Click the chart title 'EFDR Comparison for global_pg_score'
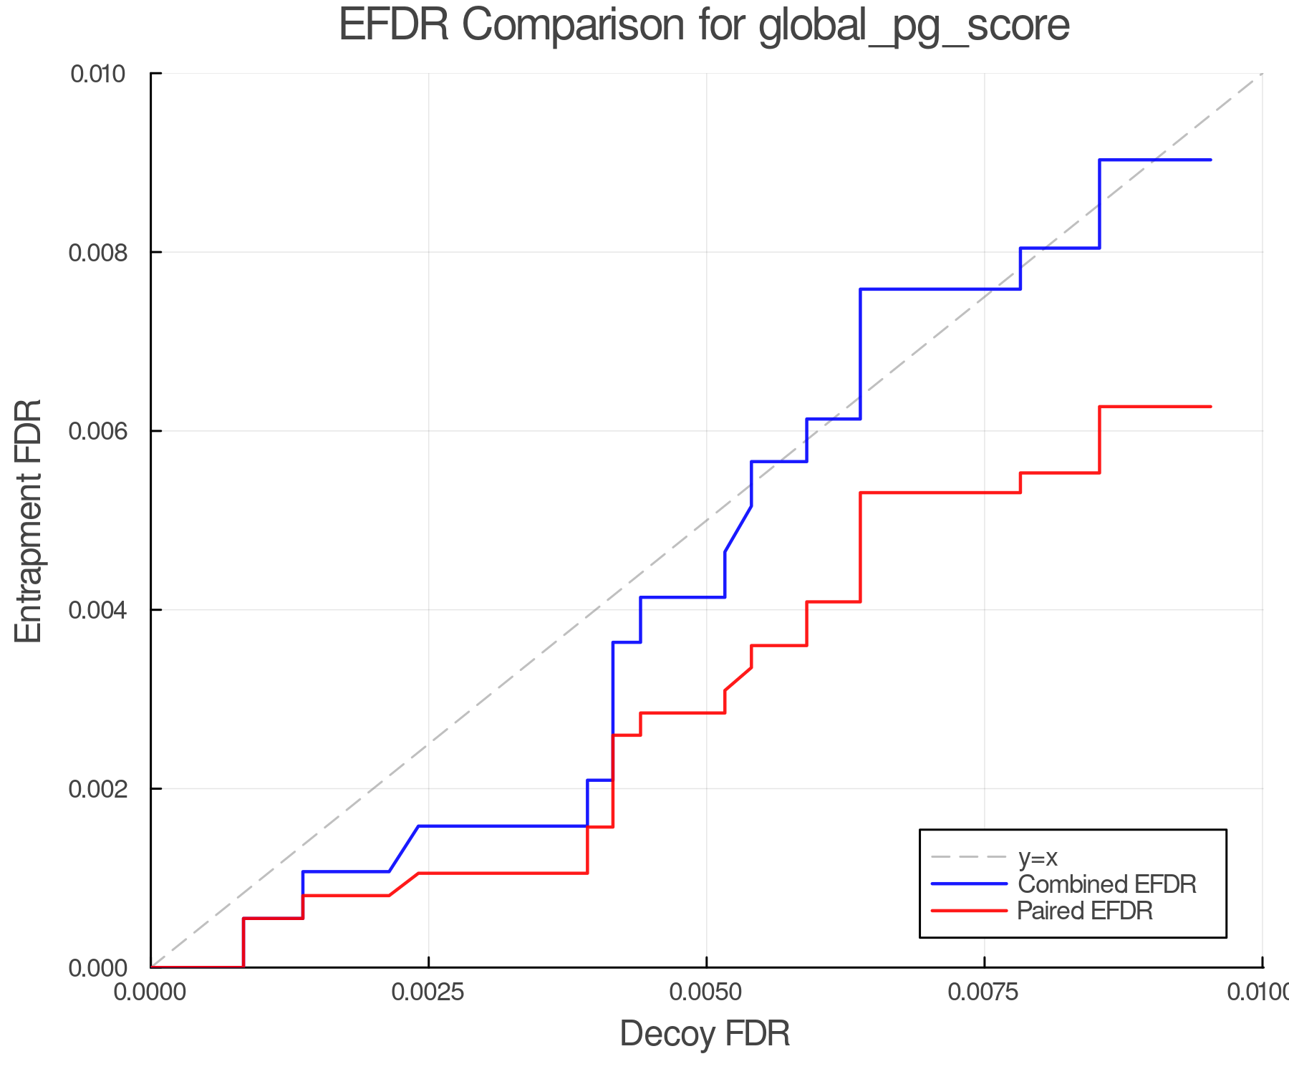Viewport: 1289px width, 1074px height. [x=704, y=26]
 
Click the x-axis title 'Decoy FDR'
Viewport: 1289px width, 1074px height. [x=705, y=1034]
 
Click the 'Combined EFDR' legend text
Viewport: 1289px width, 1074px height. [x=1107, y=884]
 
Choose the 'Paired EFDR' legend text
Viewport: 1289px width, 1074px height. [x=1085, y=911]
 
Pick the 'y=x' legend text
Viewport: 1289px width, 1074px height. [x=1038, y=857]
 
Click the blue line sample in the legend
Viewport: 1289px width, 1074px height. [x=969, y=884]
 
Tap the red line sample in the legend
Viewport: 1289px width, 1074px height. [x=969, y=911]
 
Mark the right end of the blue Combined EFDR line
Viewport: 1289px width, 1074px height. [x=1210, y=160]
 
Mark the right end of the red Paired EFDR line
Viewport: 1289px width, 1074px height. [x=1210, y=407]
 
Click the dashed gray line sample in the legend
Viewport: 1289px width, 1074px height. [x=969, y=857]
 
